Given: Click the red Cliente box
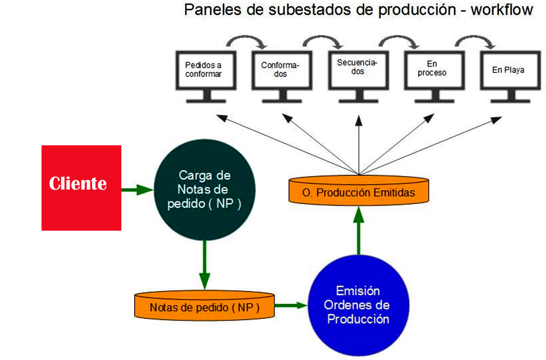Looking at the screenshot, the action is tap(81, 188).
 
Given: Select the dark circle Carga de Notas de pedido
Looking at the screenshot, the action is tap(204, 190).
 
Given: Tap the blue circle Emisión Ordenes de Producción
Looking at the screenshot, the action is tap(358, 305).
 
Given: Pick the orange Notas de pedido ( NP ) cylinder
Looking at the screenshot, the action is tap(204, 306).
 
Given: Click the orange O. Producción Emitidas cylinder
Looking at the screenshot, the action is tap(359, 190).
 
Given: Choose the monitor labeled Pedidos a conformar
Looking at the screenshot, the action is tap(206, 76).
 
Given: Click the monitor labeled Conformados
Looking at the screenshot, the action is tap(282, 76).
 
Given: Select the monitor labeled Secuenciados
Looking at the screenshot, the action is tap(359, 76).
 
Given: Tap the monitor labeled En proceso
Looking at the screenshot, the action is tap(435, 76).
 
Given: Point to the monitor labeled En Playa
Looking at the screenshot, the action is tap(510, 76).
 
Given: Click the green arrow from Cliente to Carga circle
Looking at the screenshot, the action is tap(137, 190).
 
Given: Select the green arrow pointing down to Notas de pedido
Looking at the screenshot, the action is tap(204, 265).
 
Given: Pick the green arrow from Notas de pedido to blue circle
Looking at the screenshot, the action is tap(291, 306).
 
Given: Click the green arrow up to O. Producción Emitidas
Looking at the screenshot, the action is tap(359, 231).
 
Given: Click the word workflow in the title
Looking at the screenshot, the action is tap(502, 10).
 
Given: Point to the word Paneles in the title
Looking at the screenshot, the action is tap(213, 10).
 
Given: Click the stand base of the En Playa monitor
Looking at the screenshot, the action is tap(510, 101).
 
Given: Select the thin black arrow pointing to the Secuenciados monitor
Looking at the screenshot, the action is tap(359, 145).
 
